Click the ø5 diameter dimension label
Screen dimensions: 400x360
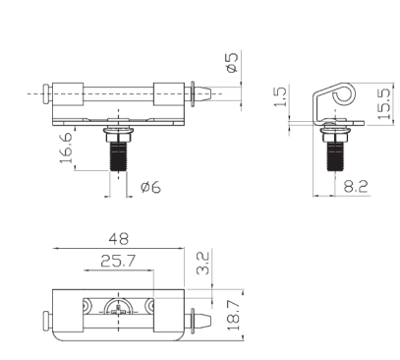tap(232, 62)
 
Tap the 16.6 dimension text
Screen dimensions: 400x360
tap(66, 148)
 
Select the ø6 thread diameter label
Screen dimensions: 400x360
tap(150, 187)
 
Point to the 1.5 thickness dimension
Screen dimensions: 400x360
tap(280, 96)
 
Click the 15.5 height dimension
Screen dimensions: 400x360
tap(384, 103)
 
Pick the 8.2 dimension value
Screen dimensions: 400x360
tap(356, 186)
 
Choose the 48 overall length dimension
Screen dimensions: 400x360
tap(119, 239)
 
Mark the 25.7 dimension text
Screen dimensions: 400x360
tap(118, 261)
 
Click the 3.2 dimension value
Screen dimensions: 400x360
tap(202, 263)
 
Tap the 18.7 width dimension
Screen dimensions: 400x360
tap(234, 314)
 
